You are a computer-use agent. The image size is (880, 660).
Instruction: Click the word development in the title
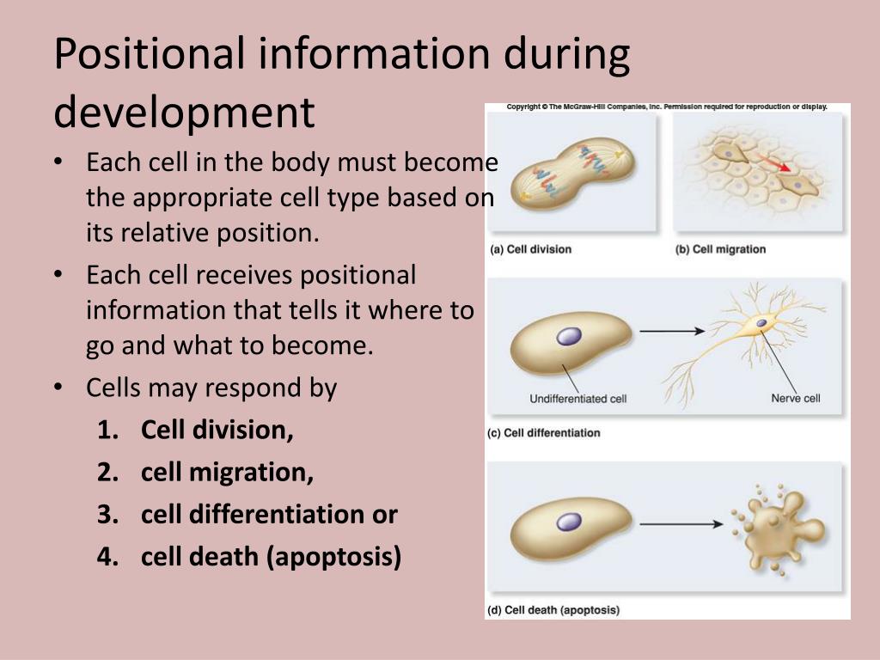pyautogui.click(x=184, y=112)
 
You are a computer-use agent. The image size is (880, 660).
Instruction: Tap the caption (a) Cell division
pyautogui.click(x=530, y=249)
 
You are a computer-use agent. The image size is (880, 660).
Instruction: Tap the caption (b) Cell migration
pyautogui.click(x=720, y=249)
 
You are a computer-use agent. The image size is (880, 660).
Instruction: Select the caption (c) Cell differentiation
pyautogui.click(x=543, y=432)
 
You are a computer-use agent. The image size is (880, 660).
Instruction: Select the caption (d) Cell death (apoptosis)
pyautogui.click(x=553, y=610)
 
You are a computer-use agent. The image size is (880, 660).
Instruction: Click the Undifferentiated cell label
pyautogui.click(x=578, y=399)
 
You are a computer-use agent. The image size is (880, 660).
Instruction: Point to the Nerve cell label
pyautogui.click(x=795, y=399)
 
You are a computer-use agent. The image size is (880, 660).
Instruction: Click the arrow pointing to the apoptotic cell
pyautogui.click(x=680, y=523)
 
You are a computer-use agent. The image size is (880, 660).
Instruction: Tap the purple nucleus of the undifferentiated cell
pyautogui.click(x=569, y=336)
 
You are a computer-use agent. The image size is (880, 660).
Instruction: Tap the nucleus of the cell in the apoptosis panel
pyautogui.click(x=569, y=522)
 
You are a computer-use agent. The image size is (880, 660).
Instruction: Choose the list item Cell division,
pyautogui.click(x=217, y=431)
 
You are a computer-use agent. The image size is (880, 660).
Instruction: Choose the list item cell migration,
pyautogui.click(x=227, y=473)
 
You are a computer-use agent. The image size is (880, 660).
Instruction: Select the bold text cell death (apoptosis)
pyautogui.click(x=271, y=557)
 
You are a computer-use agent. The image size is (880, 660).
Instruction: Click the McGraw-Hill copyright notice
pyautogui.click(x=667, y=107)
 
